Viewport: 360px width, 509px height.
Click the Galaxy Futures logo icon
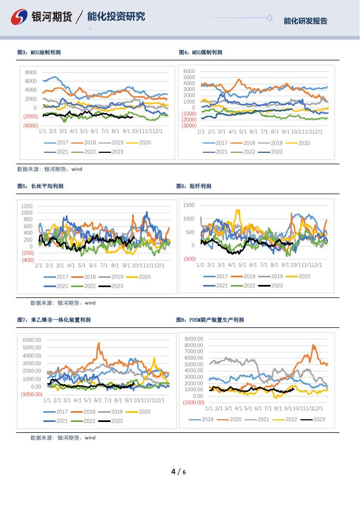coord(20,17)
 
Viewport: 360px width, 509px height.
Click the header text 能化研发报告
coord(305,21)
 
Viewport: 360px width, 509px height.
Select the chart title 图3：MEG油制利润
coord(39,52)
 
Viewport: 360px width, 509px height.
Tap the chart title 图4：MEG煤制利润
coord(201,52)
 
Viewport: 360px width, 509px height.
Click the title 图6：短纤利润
coord(194,186)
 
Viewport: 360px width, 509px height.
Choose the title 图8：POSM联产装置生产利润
coord(210,320)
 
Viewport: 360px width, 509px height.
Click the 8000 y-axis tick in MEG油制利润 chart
coord(31,72)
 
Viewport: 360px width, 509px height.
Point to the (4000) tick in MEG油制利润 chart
coord(30,126)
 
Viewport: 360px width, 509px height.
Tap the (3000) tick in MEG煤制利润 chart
coord(189,126)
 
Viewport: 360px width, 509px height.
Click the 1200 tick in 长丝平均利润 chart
coord(27,207)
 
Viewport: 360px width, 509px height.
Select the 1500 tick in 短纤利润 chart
coord(189,205)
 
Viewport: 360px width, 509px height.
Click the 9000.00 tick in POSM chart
coord(194,339)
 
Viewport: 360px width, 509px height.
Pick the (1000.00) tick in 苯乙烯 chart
coord(32,394)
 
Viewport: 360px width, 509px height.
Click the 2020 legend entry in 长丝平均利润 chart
coord(140,277)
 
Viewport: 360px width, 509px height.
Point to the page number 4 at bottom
coord(173,471)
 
